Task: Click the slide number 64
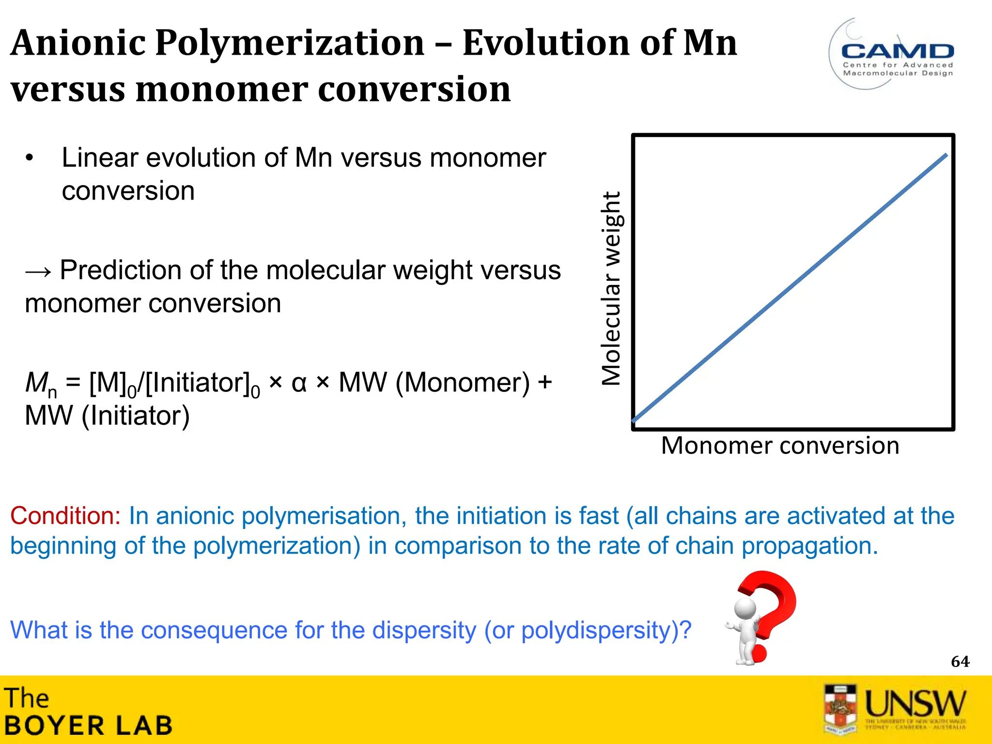[x=960, y=662]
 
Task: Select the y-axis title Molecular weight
[x=611, y=289]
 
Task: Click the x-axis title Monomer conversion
[x=780, y=446]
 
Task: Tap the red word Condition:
[x=65, y=516]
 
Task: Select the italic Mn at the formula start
[x=40, y=384]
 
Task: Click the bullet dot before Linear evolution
[x=30, y=158]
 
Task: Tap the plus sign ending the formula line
[x=545, y=383]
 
